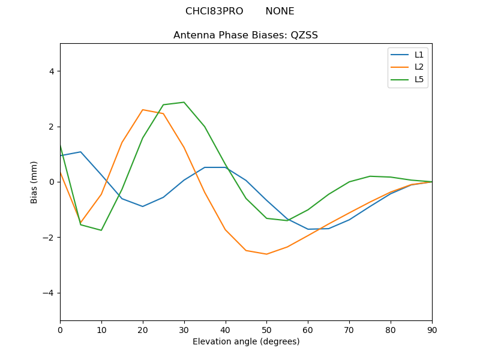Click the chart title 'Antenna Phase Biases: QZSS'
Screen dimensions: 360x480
click(245, 35)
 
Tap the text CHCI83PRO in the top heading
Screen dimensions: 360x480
click(214, 11)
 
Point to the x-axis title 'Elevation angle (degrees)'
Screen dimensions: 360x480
click(245, 342)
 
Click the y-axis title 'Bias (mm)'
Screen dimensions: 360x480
click(35, 182)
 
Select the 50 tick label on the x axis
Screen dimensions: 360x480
click(266, 329)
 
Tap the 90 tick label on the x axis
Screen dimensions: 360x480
click(431, 329)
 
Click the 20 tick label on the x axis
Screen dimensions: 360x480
click(143, 329)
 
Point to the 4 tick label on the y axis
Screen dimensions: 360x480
click(51, 71)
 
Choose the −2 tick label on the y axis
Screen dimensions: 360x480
click(49, 238)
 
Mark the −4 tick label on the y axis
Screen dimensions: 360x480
click(49, 293)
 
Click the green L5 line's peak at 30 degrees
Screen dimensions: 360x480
click(184, 102)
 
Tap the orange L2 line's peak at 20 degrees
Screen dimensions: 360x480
click(143, 110)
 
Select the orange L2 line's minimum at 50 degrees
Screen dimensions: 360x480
click(266, 254)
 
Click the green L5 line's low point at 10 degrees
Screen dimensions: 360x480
click(101, 230)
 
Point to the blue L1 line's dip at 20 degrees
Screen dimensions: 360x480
click(143, 206)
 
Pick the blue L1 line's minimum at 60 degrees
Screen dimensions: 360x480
click(308, 229)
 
